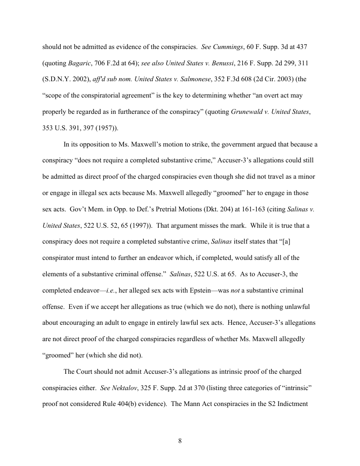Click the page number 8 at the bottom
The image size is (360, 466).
[x=180, y=441]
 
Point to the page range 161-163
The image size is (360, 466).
[x=244, y=209]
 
